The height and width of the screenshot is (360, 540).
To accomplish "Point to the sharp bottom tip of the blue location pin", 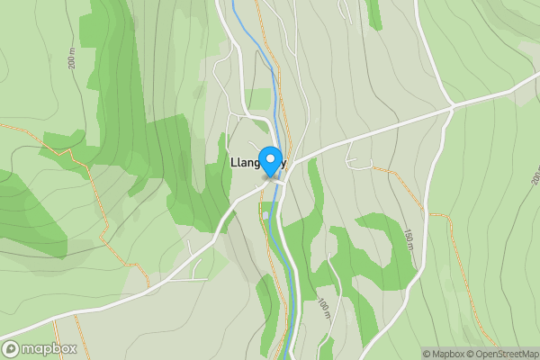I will coord(269,177).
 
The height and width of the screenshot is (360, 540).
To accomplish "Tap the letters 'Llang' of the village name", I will coord(245,165).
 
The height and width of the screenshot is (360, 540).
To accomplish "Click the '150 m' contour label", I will coord(409,239).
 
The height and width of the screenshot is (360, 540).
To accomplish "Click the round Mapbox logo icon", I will coord(12,348).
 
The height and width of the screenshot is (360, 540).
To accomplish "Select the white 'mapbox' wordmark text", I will coord(49,348).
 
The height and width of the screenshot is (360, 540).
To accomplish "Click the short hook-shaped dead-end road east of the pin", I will coord(360,163).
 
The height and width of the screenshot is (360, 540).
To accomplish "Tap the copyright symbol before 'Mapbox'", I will coord(426,354).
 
